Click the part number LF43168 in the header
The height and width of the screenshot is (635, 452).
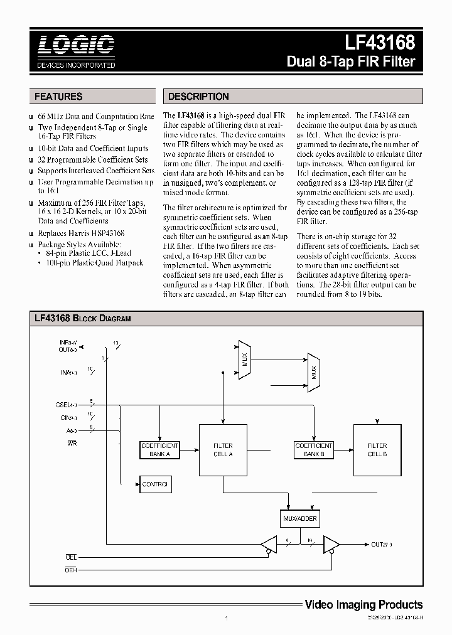(380, 43)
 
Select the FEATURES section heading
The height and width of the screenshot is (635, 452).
(58, 97)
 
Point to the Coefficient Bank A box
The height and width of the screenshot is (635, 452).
(159, 450)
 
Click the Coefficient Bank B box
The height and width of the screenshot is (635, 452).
(313, 450)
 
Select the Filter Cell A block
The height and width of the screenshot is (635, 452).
(223, 450)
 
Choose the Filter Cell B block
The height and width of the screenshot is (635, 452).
(377, 450)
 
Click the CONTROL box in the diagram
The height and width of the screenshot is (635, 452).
(154, 484)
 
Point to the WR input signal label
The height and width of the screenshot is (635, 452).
(72, 443)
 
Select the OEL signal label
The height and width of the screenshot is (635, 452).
(72, 557)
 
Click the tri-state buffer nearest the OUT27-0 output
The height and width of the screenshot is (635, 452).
(331, 545)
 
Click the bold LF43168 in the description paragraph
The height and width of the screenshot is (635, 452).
(190, 115)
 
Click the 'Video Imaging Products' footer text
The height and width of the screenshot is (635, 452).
(363, 605)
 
